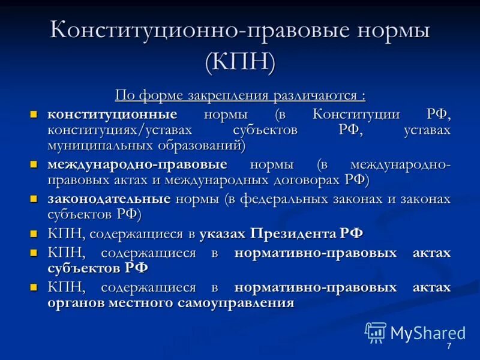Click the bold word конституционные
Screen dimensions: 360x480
click(112, 114)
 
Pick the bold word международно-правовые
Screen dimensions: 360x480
click(137, 164)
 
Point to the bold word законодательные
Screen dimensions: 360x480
click(109, 198)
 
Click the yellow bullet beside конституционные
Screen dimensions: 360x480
click(34, 113)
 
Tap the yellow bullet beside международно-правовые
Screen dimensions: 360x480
click(34, 164)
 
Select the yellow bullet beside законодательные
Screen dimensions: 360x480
click(34, 197)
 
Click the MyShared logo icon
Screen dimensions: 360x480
click(376, 332)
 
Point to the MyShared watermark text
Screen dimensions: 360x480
click(428, 333)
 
